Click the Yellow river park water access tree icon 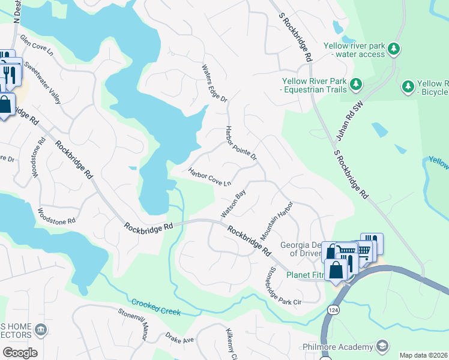point(394,49)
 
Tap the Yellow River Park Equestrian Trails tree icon point(357,83)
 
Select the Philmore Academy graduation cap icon point(382,346)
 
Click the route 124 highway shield point(332,308)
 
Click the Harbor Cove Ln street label point(210,177)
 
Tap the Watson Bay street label point(234,204)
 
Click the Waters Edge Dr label point(214,83)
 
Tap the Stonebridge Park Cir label point(285,287)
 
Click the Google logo point(20,353)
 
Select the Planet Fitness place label point(304,275)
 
